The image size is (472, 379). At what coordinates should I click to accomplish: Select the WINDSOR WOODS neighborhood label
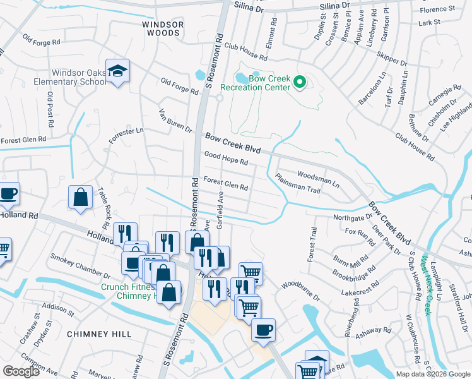click(163, 28)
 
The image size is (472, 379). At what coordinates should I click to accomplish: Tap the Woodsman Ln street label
click(318, 179)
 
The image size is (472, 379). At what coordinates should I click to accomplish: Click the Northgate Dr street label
click(352, 217)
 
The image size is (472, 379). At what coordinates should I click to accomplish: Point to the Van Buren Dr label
click(175, 121)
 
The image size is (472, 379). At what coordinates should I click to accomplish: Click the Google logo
click(21, 371)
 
